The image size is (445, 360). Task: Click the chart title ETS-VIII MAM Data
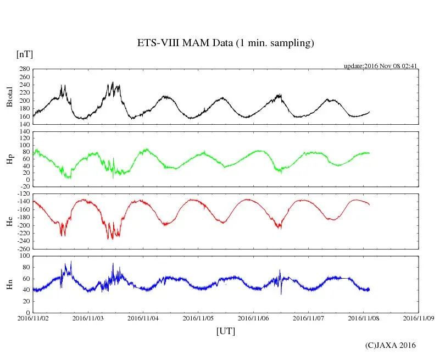coord(225,43)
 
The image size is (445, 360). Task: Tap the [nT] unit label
coord(25,54)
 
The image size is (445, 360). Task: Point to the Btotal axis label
coord(10,97)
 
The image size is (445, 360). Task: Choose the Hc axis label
coord(10,221)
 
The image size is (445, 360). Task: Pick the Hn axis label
coord(10,284)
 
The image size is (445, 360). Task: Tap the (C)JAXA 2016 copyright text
coord(391,345)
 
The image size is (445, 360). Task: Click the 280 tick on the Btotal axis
coord(24,69)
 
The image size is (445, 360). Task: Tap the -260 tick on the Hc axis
coord(22,248)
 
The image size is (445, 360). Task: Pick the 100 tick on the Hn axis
coord(24,256)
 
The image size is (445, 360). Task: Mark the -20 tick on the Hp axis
coord(24,186)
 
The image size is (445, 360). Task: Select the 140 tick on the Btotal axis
coord(24,124)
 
